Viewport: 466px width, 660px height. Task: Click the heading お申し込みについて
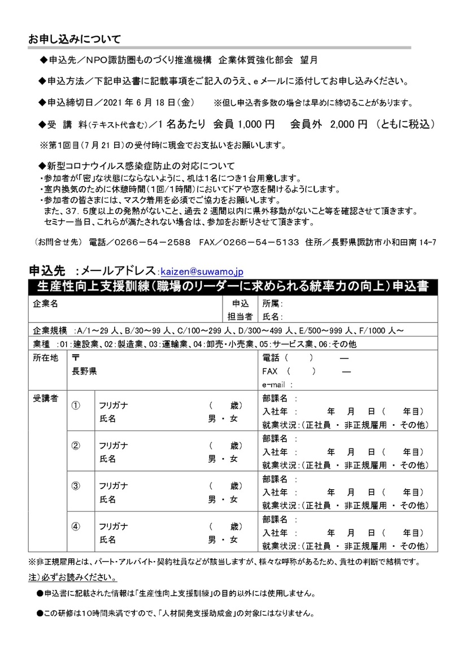pos(74,40)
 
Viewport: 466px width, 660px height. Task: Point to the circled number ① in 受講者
pos(76,406)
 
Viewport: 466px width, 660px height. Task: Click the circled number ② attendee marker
pos(76,445)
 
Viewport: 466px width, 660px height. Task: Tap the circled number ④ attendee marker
pos(76,526)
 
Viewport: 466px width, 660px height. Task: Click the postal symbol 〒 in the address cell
pos(76,358)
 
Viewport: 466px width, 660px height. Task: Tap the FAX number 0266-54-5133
pos(261,243)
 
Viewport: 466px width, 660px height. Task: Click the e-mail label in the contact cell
pos(275,385)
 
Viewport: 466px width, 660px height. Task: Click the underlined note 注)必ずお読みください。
pos(73,579)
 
